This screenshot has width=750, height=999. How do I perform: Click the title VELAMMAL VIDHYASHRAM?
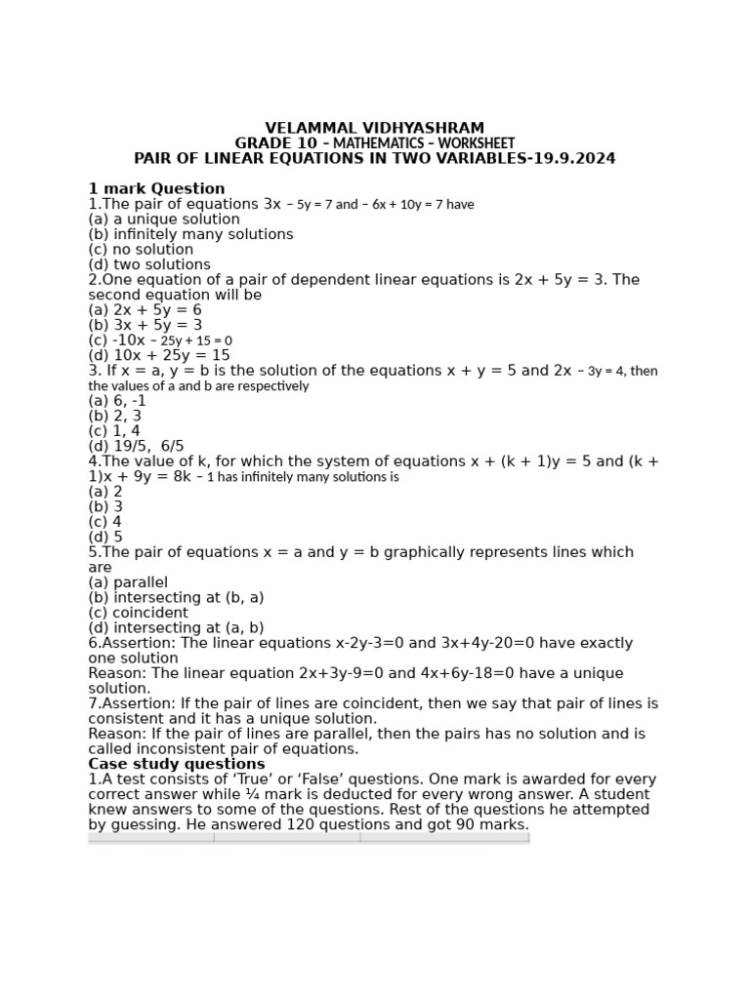[374, 129]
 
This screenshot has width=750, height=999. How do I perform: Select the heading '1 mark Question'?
[156, 189]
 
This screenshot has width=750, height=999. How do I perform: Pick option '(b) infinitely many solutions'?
[190, 234]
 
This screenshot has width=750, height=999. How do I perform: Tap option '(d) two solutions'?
[149, 264]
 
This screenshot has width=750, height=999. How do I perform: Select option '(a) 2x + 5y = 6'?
[145, 310]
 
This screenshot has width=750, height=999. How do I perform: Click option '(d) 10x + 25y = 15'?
[159, 355]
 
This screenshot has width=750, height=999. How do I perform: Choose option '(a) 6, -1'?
[117, 401]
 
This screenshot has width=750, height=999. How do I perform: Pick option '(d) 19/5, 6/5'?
[136, 446]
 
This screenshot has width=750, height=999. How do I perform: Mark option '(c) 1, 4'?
[114, 431]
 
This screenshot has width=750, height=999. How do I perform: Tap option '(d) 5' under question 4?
[105, 537]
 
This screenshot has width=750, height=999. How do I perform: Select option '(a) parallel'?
[128, 582]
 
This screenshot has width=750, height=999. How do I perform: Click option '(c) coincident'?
[138, 613]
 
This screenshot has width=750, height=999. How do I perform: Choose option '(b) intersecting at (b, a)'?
[176, 598]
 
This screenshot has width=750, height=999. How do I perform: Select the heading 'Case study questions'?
[177, 764]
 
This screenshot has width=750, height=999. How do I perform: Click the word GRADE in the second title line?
[262, 143]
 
